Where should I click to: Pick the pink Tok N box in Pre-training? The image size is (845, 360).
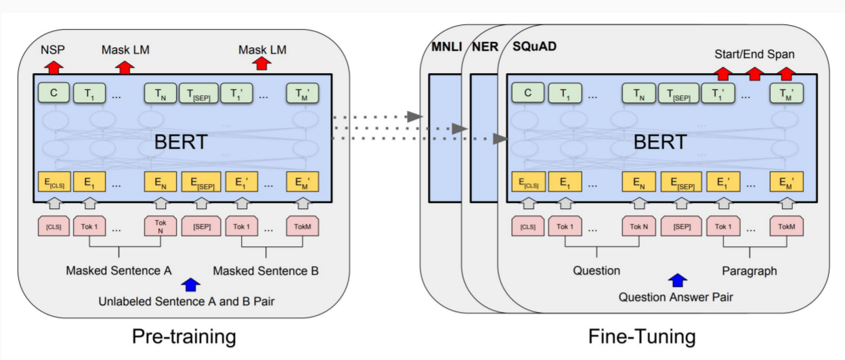point(160,227)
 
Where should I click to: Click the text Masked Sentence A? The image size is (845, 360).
point(118,271)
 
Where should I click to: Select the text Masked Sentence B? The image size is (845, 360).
point(265,271)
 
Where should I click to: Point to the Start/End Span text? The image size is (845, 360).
point(754,53)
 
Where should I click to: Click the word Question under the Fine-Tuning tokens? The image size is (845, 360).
point(596,271)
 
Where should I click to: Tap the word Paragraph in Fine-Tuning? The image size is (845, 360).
point(749,271)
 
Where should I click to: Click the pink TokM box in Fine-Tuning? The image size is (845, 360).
point(785,227)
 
